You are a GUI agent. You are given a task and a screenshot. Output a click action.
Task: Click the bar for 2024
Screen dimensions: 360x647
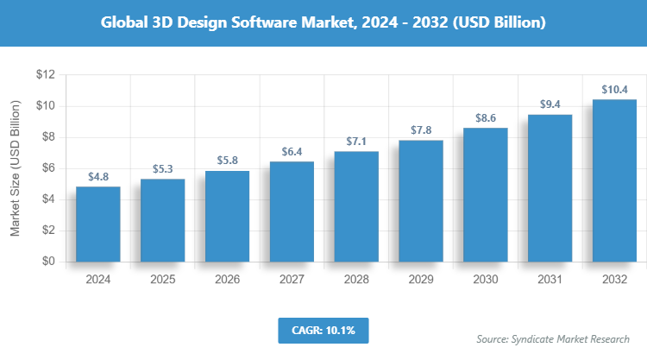pyautogui.click(x=97, y=224)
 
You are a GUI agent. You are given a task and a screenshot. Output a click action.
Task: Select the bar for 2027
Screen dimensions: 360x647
pyautogui.click(x=292, y=212)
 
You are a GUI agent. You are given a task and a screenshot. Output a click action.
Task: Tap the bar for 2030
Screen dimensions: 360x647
pyautogui.click(x=486, y=195)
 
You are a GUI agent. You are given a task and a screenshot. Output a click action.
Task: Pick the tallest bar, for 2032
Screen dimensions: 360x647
pyautogui.click(x=615, y=180)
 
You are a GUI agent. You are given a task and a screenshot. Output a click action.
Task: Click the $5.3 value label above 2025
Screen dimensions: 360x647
pyautogui.click(x=162, y=168)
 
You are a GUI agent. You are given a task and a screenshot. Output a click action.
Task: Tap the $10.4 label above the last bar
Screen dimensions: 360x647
pyautogui.click(x=615, y=89)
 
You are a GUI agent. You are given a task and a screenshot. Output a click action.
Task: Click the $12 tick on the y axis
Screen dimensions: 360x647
pyautogui.click(x=45, y=75)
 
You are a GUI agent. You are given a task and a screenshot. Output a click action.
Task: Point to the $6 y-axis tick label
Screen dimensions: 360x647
pyautogui.click(x=48, y=168)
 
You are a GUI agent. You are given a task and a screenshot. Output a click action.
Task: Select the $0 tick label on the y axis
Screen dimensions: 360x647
pyautogui.click(x=48, y=262)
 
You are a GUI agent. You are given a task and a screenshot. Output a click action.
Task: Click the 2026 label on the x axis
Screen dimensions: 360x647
pyautogui.click(x=227, y=280)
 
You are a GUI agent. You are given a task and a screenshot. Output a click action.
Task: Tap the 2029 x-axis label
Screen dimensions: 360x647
pyautogui.click(x=421, y=280)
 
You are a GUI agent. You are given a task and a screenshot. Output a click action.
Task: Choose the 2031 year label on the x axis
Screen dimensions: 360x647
pyautogui.click(x=550, y=280)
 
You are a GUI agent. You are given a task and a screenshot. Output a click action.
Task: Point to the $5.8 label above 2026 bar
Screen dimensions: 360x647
pyautogui.click(x=227, y=161)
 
